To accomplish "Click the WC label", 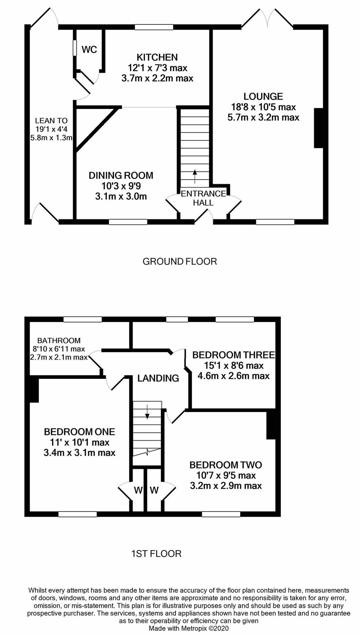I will [89, 49].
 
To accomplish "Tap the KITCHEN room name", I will [157, 57].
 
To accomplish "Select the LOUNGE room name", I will [263, 96].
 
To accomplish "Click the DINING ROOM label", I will [121, 175].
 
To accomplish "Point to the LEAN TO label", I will [51, 121].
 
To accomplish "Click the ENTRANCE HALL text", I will [203, 198].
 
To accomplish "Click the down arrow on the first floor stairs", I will [147, 412].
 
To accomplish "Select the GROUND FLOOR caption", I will [179, 261].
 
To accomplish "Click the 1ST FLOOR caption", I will [156, 554].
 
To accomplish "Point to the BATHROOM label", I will [59, 341].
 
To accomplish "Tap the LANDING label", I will [158, 379].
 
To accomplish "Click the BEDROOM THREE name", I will [233, 355].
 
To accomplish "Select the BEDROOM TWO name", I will [226, 465].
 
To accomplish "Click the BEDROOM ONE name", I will [79, 432].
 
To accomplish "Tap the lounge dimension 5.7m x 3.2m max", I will [263, 117].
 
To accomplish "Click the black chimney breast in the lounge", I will [318, 128].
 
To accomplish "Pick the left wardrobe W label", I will [138, 490].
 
